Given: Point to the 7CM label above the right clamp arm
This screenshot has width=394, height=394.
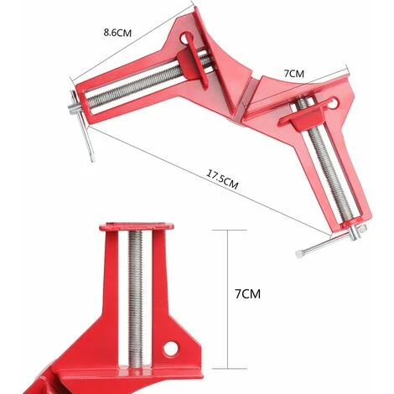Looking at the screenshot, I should pyautogui.click(x=293, y=74).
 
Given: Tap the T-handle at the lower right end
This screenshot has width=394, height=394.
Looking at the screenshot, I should pyautogui.click(x=312, y=247).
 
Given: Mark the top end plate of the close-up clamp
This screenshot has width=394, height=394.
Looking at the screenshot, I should pyautogui.click(x=137, y=226).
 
